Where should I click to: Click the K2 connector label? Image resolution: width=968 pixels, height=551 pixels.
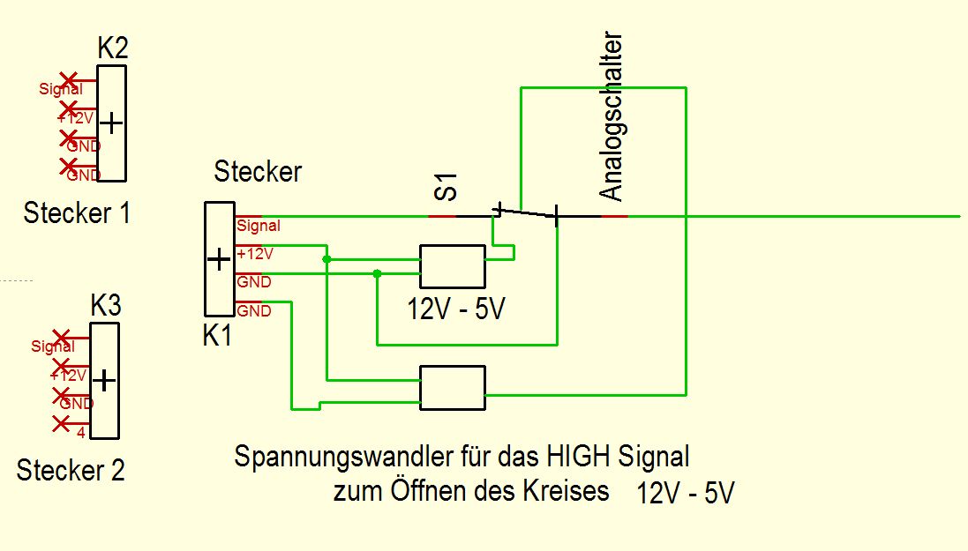point(112,47)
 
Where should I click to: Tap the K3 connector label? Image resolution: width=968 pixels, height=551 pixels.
point(106,307)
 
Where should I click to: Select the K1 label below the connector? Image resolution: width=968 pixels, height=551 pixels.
point(216,335)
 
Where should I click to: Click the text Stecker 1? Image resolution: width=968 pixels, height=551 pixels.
point(77,212)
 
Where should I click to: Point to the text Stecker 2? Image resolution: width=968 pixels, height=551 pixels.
point(71,470)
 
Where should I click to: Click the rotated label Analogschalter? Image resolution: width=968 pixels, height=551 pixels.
point(611,117)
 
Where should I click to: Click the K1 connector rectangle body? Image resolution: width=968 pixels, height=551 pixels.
point(219,259)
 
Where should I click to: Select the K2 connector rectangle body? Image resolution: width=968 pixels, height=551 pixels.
point(112,123)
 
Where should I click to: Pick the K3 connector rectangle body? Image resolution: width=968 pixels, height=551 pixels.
point(104,380)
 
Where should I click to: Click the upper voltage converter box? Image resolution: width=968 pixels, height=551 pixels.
point(452,266)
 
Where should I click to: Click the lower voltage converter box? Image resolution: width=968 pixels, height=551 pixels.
point(452,388)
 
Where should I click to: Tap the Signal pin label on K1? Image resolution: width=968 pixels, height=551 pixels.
point(259,226)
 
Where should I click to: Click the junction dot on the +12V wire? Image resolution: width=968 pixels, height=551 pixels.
point(326,259)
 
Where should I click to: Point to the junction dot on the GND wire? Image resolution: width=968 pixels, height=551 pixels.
point(377,274)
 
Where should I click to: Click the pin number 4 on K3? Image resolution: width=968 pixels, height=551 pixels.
point(80,433)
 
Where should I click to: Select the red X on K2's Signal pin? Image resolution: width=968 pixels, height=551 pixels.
point(67,81)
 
